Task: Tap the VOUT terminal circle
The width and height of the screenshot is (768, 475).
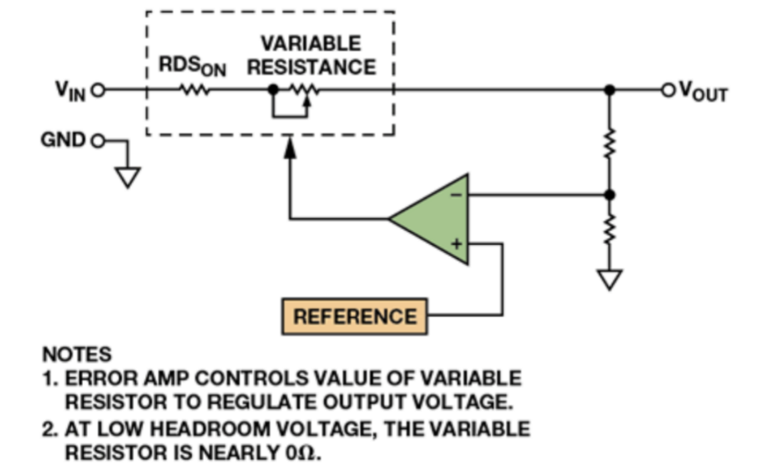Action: (667, 90)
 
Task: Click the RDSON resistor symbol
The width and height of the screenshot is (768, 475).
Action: (194, 90)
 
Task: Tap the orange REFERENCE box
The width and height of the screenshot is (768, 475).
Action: (355, 315)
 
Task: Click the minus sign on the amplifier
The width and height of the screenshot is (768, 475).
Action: (457, 193)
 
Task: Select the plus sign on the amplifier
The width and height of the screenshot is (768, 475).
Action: (457, 244)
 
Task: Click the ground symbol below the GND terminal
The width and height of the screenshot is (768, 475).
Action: (128, 176)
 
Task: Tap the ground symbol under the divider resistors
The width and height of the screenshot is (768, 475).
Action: (609, 279)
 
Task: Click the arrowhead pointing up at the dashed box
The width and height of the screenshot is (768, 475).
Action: (289, 147)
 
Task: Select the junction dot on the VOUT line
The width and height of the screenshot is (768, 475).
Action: (609, 90)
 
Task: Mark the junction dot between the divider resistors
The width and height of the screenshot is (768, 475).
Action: (609, 194)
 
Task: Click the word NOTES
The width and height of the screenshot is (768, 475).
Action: (77, 355)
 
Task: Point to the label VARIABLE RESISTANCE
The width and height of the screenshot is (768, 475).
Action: (311, 56)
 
